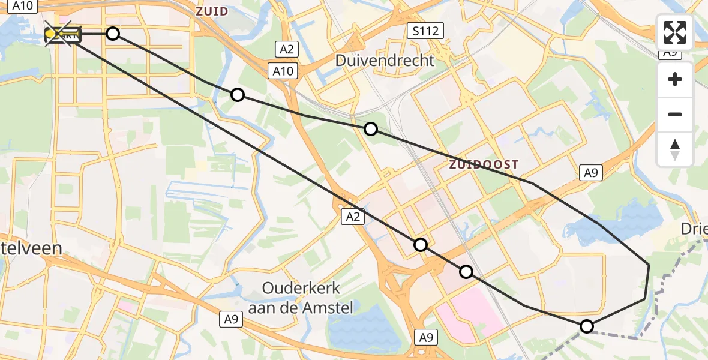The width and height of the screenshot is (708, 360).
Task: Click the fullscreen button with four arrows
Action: [x=675, y=32]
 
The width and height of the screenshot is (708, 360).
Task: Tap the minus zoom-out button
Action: [x=675, y=114]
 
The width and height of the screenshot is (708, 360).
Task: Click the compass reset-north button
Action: [x=675, y=149]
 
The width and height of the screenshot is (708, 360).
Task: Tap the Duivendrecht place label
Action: [x=385, y=61]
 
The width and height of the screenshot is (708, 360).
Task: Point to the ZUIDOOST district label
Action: [x=484, y=164]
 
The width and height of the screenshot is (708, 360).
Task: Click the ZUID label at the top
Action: [x=212, y=11]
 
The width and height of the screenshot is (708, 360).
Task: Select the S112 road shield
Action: [x=424, y=31]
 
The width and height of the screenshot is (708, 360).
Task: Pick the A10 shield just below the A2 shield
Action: [x=283, y=71]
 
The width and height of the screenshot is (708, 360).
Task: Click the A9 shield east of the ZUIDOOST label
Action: [x=590, y=173]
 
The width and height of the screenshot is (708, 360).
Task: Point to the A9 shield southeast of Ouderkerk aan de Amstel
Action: [x=425, y=337]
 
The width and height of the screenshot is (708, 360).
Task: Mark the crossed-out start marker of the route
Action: [x=62, y=35]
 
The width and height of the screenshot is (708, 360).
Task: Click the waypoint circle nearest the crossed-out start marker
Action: [x=113, y=34]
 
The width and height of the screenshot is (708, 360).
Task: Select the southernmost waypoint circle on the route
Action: [x=587, y=326]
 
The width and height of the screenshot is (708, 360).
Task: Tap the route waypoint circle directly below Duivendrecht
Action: [x=371, y=129]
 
